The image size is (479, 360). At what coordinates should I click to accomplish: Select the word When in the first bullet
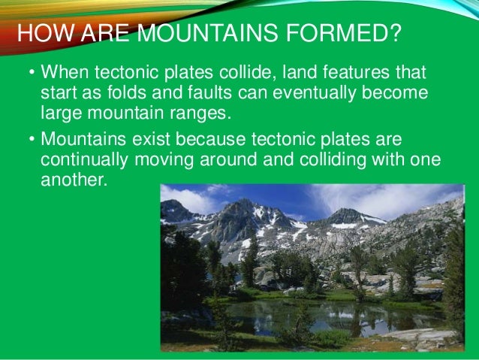pos(62,74)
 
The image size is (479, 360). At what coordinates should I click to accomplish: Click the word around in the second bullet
pos(219,161)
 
